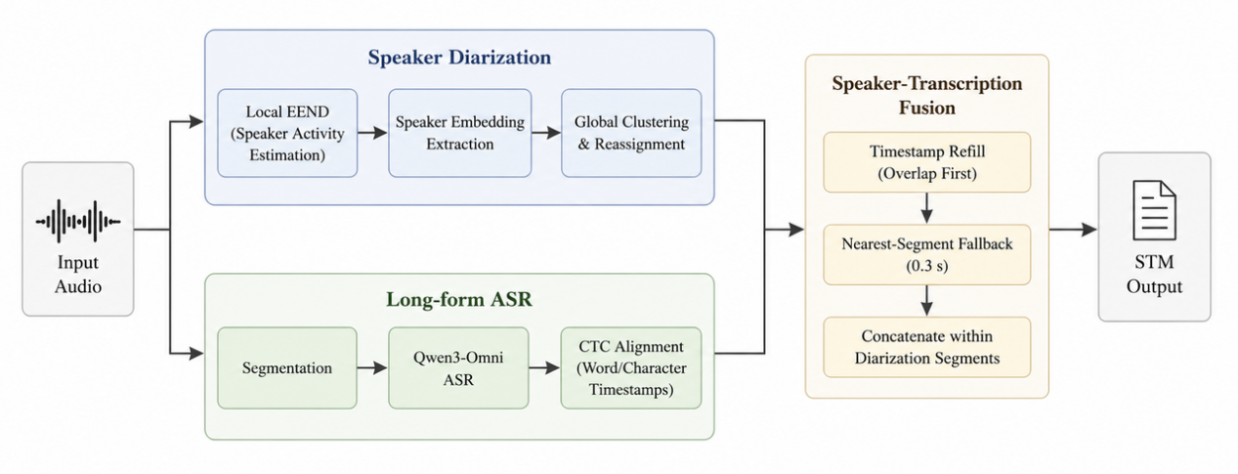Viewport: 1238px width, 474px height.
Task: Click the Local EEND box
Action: (287, 133)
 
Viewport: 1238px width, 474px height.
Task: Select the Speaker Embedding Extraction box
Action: (460, 133)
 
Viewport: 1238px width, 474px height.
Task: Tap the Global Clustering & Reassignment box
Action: (631, 133)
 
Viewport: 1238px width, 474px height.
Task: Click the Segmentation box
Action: (287, 367)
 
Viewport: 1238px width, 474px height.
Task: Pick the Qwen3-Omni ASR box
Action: (458, 367)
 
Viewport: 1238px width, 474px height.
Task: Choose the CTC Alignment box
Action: (631, 367)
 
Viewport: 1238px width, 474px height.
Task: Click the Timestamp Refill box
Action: (927, 162)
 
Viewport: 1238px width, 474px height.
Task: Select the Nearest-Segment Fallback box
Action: (927, 254)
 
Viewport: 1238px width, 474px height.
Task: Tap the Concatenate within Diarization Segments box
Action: (927, 347)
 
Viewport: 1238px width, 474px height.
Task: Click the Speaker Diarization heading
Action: (459, 58)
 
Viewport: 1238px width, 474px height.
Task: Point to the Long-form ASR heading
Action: (458, 299)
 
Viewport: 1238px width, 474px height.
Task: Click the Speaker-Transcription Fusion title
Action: (927, 95)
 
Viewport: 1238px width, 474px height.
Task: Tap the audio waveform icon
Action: (78, 222)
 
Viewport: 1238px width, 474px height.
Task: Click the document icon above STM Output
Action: (1155, 211)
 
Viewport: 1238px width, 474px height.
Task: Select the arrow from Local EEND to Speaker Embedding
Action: (372, 133)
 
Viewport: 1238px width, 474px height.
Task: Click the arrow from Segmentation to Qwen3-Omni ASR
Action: (372, 367)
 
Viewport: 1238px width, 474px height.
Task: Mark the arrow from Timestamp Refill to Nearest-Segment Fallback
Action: (927, 208)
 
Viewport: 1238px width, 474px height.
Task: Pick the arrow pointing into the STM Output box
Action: (1073, 229)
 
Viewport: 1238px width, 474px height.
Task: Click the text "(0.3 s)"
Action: (927, 266)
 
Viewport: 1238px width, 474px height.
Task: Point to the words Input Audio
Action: (78, 274)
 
